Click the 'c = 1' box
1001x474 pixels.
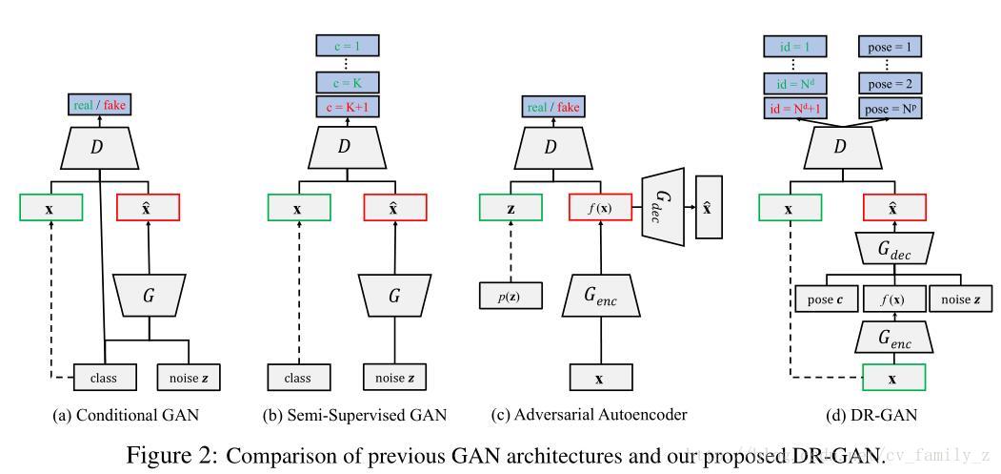348,45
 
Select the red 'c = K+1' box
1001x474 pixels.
348,107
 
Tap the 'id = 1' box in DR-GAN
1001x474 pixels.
795,46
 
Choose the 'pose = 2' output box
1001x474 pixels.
891,84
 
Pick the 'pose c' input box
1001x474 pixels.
826,299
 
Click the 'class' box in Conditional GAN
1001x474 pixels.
104,378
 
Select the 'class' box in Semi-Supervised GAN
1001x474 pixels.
298,378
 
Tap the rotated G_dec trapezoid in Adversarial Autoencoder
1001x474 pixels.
664,206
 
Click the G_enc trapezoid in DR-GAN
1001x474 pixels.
892,337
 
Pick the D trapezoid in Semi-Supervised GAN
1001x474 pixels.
346,146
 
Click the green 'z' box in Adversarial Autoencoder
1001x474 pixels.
511,207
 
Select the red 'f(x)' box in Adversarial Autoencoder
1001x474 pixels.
600,207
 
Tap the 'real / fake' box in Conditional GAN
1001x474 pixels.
99,106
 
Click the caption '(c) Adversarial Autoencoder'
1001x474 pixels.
588,415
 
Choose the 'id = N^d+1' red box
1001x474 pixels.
795,109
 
